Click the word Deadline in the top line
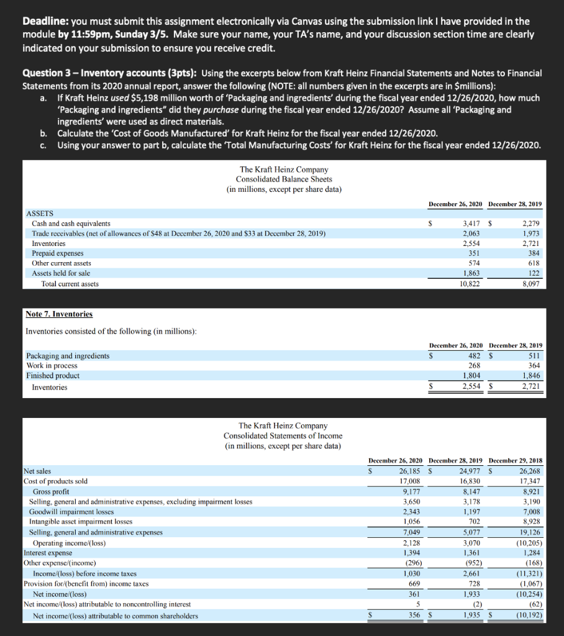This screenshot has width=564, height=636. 45,21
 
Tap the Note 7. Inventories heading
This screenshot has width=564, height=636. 59,314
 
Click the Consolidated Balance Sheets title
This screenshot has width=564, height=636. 283,179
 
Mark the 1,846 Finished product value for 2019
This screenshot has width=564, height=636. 530,376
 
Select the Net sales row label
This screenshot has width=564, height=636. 39,471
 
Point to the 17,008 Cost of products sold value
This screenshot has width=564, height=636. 411,481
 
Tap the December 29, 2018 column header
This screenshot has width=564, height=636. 516,461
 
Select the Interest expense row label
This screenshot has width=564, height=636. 48,552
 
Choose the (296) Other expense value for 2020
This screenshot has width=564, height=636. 411,563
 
